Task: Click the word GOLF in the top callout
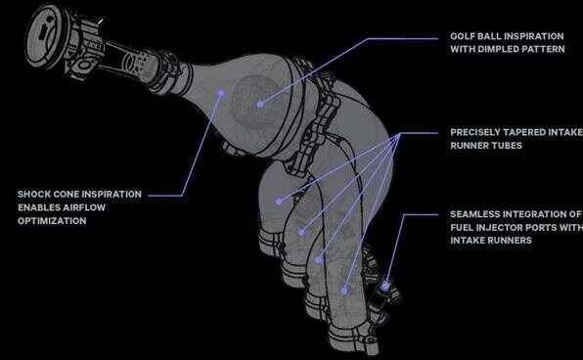point(462,36)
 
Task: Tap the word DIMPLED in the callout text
point(498,49)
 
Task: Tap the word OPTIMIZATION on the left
point(52,221)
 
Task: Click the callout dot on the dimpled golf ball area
point(260,105)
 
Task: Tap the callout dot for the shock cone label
point(221,93)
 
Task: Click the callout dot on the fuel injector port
point(385,286)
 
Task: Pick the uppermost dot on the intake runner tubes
point(279,202)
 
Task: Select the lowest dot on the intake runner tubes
point(344,291)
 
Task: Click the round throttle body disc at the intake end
point(45,36)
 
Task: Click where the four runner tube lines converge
point(400,134)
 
